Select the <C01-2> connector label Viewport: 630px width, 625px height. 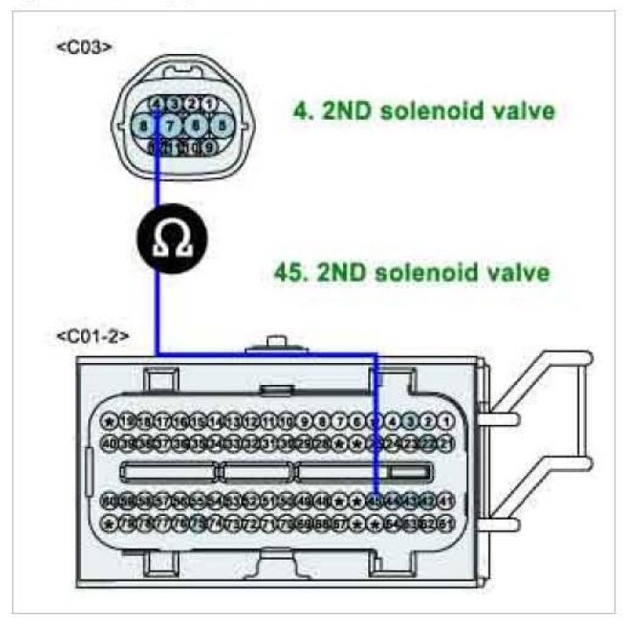[91, 335]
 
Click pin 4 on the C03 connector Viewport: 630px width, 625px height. [156, 104]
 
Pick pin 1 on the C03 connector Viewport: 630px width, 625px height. [209, 104]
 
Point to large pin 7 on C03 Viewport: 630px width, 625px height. [171, 126]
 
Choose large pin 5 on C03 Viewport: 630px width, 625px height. [221, 126]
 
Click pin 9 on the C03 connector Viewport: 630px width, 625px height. [208, 147]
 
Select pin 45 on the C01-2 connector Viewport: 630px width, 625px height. [375, 501]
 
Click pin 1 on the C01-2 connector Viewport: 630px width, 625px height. [445, 422]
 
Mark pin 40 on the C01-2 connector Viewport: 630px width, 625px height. [109, 443]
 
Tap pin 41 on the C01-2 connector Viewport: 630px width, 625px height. [445, 501]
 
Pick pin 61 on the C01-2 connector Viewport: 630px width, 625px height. [445, 523]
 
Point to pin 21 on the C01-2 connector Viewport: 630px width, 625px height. [445, 443]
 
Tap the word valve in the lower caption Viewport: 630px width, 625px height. [519, 271]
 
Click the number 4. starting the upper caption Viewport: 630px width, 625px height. [302, 111]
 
